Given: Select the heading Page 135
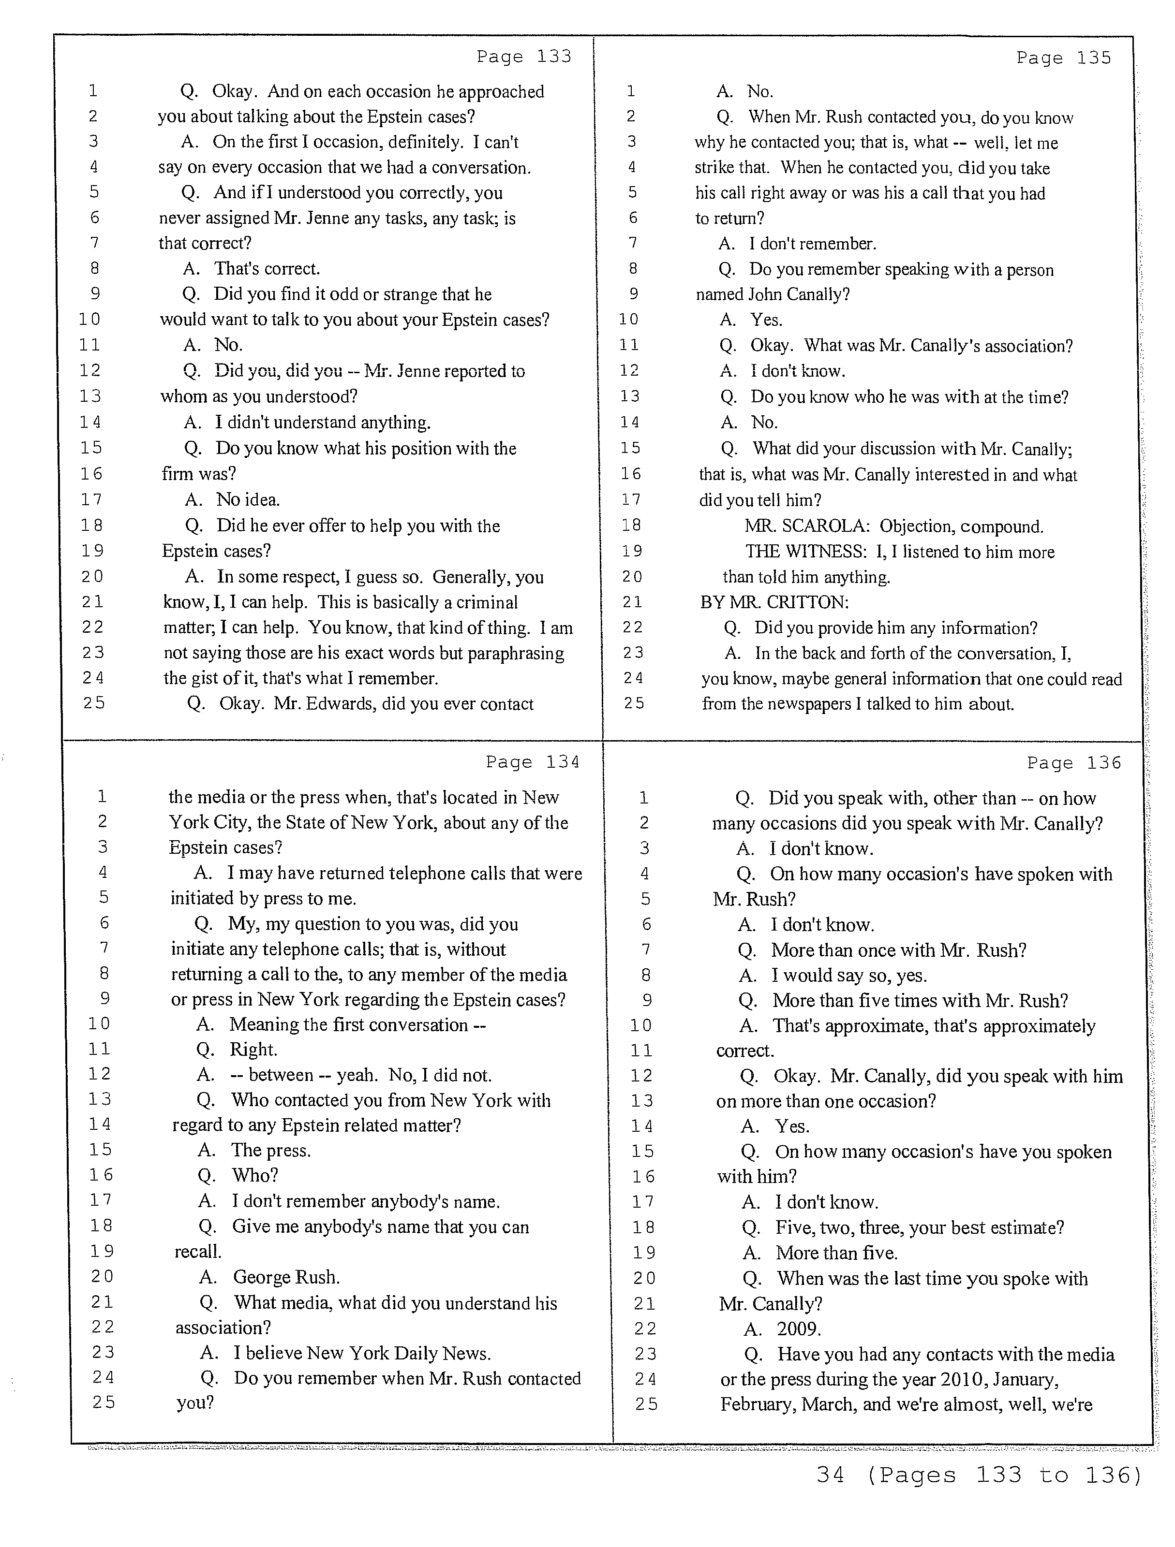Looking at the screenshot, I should click(x=1064, y=58).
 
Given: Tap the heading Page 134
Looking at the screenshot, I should click(x=533, y=762).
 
